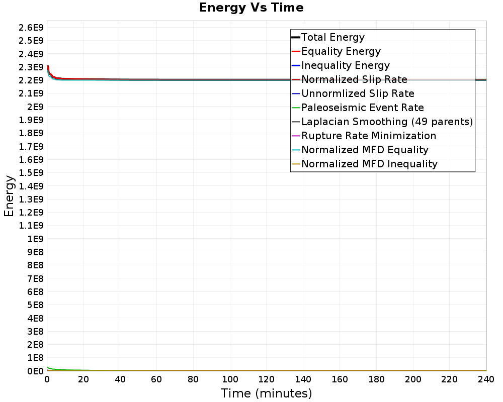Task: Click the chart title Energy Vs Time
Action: tap(251, 8)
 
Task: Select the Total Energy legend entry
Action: tap(332, 37)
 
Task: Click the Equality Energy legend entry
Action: tap(341, 51)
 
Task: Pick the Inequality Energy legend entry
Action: tap(345, 65)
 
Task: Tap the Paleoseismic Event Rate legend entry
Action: tap(362, 108)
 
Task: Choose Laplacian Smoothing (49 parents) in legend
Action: tap(387, 122)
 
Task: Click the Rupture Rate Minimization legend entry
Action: tap(369, 136)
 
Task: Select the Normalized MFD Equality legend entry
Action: tap(365, 150)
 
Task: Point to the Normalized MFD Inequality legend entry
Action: tap(369, 164)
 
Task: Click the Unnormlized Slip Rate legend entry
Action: tap(358, 93)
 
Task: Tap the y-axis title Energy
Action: tap(9, 195)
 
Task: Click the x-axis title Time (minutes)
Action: tap(266, 393)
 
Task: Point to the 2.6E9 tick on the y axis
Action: tap(31, 27)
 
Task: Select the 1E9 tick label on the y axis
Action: tap(35, 239)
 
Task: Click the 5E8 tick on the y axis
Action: tap(35, 305)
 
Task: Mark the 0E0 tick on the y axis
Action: tap(35, 371)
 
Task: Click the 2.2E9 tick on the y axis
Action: tap(31, 80)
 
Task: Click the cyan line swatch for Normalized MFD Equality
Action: tap(296, 150)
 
